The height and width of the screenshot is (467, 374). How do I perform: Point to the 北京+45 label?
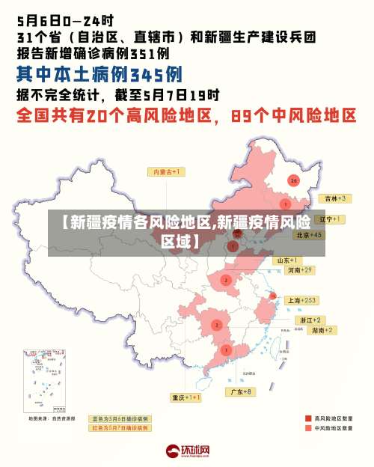click(x=308, y=234)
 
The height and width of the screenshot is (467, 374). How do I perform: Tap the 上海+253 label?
click(x=302, y=299)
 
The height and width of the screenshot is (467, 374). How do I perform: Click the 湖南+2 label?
click(x=322, y=330)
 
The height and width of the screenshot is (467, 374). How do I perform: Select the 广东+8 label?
click(x=241, y=391)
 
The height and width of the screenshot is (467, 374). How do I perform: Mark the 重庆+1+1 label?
click(x=186, y=397)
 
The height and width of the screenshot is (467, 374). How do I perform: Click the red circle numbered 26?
click(x=294, y=180)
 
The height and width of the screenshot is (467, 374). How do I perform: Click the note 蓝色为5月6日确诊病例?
click(x=120, y=419)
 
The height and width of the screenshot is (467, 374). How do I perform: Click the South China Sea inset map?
click(x=40, y=381)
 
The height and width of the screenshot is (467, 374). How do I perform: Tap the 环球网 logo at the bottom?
click(x=187, y=452)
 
